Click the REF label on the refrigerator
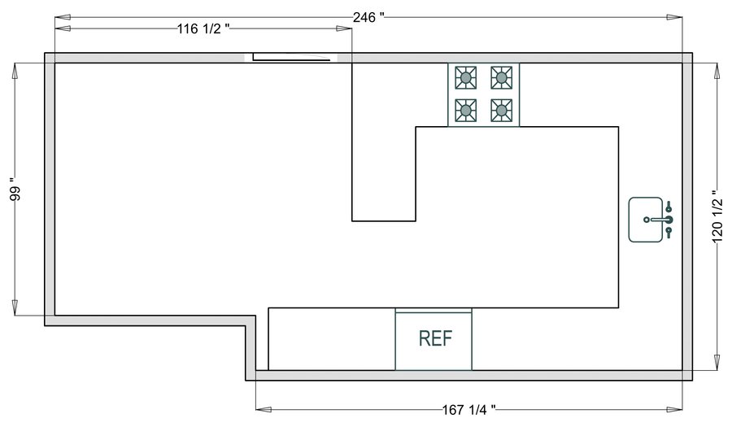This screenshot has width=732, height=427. point(434,338)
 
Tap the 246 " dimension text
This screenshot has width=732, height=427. point(368,17)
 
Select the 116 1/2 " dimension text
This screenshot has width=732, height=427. point(203,29)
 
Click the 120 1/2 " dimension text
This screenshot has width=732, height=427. point(717,216)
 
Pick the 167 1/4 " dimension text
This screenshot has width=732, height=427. point(468,409)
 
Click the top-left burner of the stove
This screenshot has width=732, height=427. point(466,78)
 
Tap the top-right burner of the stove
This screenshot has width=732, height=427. point(502,78)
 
